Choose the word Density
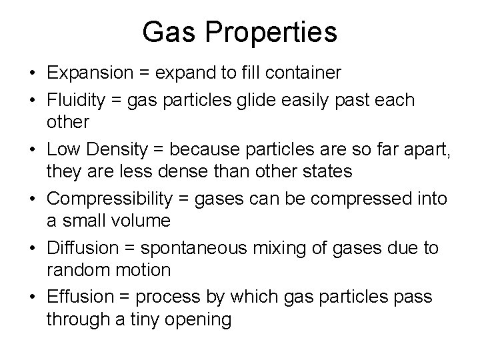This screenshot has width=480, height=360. click(x=114, y=149)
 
